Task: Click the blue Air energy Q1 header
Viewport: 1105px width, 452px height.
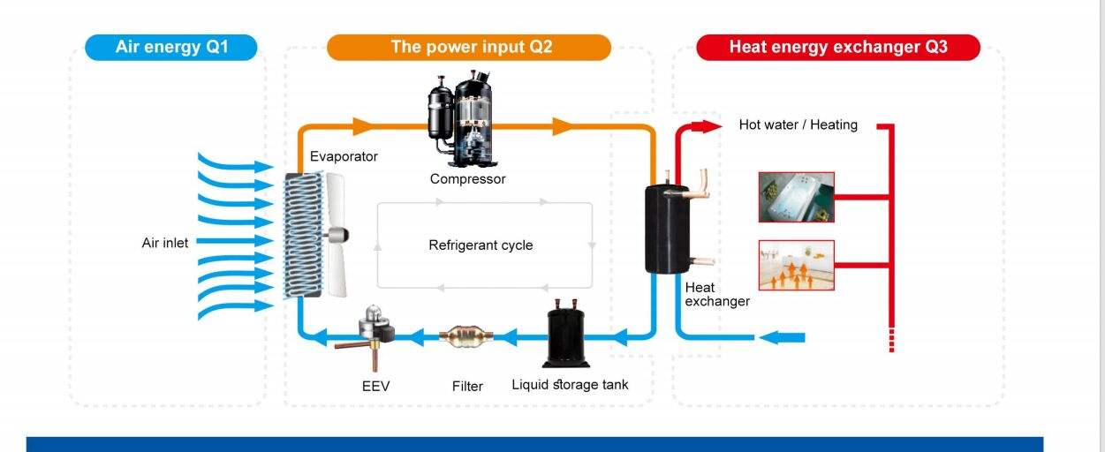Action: tap(171, 47)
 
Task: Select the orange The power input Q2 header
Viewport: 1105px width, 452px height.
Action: tap(469, 47)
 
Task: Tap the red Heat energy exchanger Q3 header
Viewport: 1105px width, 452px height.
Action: tap(837, 47)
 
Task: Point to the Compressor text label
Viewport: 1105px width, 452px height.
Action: tap(467, 179)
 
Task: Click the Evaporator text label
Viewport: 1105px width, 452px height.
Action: tap(344, 156)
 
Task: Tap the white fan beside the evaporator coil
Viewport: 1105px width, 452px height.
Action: tap(334, 234)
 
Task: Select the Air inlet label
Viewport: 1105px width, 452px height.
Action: tap(165, 243)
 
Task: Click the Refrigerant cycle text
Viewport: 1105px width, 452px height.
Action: tap(481, 245)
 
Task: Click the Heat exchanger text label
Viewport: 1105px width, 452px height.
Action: tap(716, 294)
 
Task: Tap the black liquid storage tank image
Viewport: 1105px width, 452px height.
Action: tap(566, 335)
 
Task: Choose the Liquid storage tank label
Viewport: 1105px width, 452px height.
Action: tap(570, 385)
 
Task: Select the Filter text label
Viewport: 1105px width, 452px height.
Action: tap(467, 387)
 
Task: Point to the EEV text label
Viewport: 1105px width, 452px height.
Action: tap(375, 387)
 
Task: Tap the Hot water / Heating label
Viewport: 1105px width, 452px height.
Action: tap(798, 125)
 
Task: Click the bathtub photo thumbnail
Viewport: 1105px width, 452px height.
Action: tap(796, 197)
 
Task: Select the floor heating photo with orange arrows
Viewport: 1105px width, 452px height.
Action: tap(796, 265)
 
